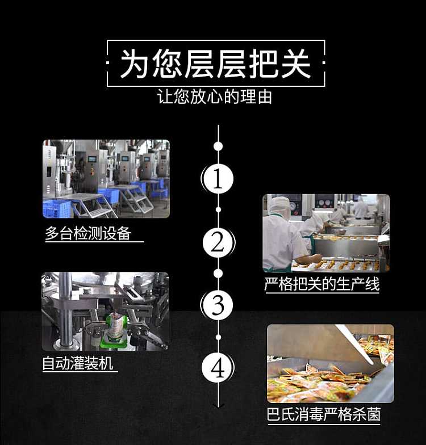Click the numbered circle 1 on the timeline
218,179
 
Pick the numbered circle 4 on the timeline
218,368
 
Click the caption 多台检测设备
88,234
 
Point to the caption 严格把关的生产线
322,284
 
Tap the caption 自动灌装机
77,363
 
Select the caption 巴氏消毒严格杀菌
324,414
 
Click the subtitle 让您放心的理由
215,96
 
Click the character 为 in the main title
135,64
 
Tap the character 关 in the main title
296,64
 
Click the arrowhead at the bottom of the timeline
218,405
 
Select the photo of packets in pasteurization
331,363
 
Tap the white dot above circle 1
218,146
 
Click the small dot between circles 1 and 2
218,210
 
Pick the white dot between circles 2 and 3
218,274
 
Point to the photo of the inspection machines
106,179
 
